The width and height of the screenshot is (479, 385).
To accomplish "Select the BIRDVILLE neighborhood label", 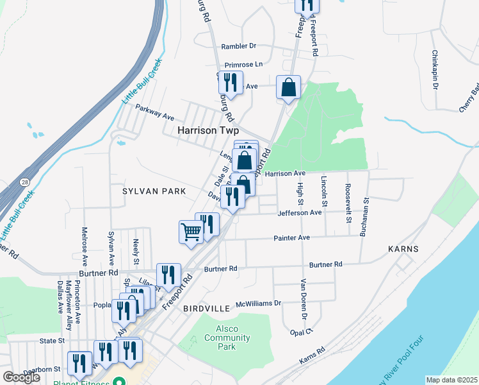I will tap(206, 309).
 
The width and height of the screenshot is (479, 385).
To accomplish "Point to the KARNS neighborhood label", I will tap(403, 249).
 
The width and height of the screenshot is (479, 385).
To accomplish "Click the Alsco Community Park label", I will tap(222, 338).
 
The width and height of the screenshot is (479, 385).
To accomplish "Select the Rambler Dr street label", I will tap(238, 46).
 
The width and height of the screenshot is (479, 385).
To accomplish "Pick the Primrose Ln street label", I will tap(244, 65).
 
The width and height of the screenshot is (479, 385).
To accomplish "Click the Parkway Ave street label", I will tap(154, 112).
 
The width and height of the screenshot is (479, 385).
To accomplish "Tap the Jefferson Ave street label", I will tap(299, 212).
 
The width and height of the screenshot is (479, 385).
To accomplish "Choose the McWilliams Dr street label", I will tap(259, 303).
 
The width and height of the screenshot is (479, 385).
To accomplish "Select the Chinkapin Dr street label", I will tap(435, 70).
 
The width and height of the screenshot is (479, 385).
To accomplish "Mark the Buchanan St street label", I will tap(363, 217).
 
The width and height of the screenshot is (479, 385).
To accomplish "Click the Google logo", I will tap(22, 377).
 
